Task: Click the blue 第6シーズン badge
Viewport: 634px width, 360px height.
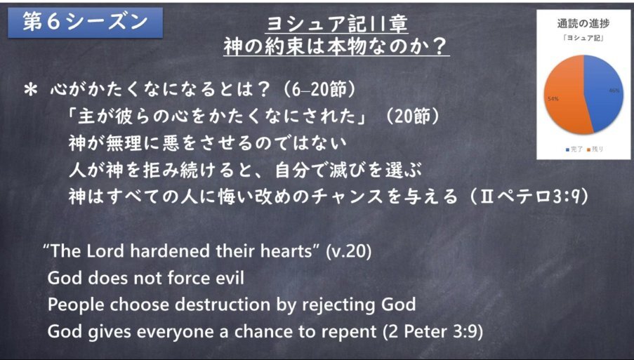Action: tap(86, 22)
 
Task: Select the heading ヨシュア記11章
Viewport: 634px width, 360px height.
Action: tap(337, 25)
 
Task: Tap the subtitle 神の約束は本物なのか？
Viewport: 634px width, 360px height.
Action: tap(337, 47)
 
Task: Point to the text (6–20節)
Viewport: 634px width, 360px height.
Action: tap(319, 90)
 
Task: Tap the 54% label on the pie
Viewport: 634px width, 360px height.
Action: tap(553, 98)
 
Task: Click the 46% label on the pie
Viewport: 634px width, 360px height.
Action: tap(614, 91)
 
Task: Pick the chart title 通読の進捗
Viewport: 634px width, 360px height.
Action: tap(583, 24)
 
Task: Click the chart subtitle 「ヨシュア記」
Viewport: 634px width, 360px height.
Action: tap(583, 39)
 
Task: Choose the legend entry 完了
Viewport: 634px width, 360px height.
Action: tap(574, 149)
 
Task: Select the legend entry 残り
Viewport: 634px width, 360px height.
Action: tap(595, 149)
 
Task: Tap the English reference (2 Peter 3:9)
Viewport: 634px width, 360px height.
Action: tap(433, 332)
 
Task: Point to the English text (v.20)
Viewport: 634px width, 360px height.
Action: tap(348, 251)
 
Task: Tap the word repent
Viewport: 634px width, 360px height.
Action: tap(350, 333)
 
